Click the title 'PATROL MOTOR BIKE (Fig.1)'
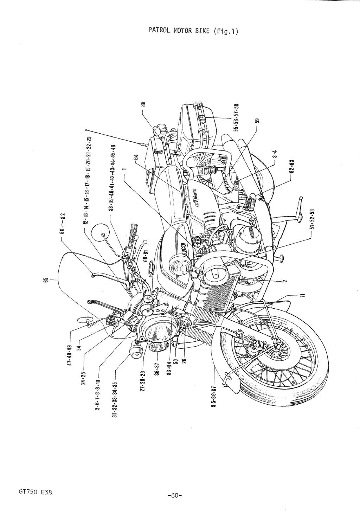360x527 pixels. coord(193,31)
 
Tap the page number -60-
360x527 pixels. coord(175,495)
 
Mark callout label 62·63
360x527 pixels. coord(291,167)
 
